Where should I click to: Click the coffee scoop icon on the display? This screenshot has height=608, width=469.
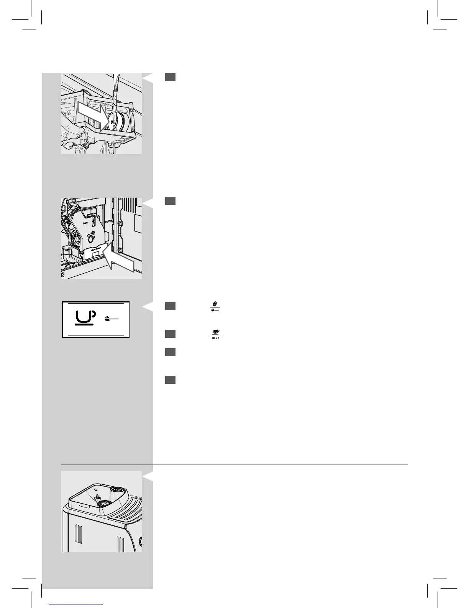click(x=111, y=319)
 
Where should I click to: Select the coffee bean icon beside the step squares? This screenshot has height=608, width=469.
click(x=215, y=304)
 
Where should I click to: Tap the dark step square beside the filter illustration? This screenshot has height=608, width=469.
click(x=171, y=77)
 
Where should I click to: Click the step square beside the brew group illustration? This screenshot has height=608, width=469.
click(x=171, y=201)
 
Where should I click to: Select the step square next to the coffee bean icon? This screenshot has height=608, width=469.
click(x=171, y=306)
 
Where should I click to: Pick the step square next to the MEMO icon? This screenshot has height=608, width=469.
click(x=171, y=334)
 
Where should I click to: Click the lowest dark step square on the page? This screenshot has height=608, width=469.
click(x=171, y=380)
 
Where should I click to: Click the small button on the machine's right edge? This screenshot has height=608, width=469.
click(x=140, y=542)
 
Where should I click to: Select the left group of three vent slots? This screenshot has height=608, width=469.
click(x=79, y=533)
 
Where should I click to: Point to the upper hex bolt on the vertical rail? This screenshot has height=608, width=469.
click(x=120, y=224)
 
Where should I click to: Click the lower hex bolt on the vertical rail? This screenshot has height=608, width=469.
click(x=120, y=251)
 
